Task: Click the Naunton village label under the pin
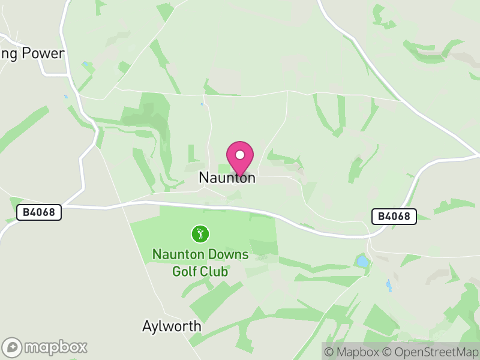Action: click(x=227, y=178)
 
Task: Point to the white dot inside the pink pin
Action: click(x=240, y=155)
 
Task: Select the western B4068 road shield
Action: click(x=39, y=212)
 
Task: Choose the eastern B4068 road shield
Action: click(x=394, y=216)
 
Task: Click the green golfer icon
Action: click(x=200, y=233)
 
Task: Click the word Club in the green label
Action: click(x=215, y=271)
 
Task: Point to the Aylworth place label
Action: click(x=172, y=327)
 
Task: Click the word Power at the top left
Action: click(x=43, y=53)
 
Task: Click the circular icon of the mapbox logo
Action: click(x=13, y=347)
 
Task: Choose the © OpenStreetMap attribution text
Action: click(x=431, y=352)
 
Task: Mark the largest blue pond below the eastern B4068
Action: click(x=362, y=262)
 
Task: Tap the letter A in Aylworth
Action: click(x=148, y=327)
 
